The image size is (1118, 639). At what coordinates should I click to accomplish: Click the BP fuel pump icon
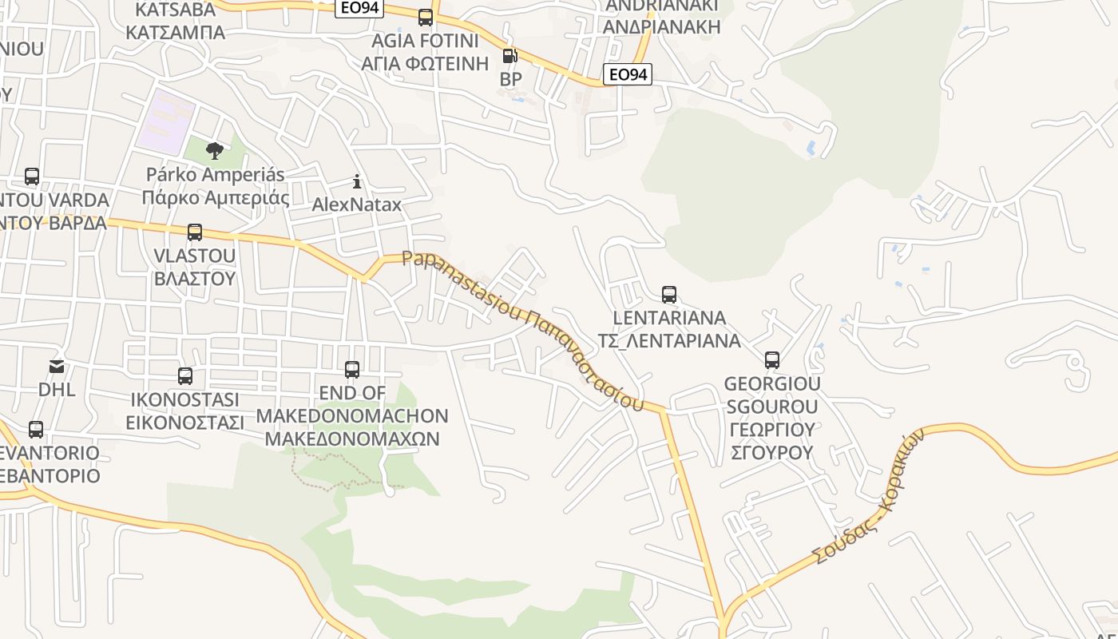point(509,56)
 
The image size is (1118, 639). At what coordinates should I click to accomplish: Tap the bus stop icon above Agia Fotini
point(426,17)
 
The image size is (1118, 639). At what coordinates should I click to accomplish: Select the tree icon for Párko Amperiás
point(214,150)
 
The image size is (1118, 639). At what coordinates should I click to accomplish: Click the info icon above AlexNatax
point(357,181)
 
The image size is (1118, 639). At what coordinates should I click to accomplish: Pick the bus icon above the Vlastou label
point(195,232)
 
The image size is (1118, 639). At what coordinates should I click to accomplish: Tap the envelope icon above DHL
point(57,367)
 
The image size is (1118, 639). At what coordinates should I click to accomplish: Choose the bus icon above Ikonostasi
point(185,376)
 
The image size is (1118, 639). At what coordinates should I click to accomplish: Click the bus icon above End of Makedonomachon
point(352,370)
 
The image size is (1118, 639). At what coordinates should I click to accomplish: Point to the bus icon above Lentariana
point(669,295)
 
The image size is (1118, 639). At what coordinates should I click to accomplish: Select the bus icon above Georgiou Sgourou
point(772,360)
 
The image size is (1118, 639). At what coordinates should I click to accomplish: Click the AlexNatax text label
point(357,204)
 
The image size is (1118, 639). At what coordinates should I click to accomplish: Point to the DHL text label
point(57,390)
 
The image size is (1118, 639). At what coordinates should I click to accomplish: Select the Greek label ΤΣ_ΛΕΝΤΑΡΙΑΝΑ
point(669,341)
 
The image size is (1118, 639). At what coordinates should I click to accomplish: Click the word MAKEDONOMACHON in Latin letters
point(352,416)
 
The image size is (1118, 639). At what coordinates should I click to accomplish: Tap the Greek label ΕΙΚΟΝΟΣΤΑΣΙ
point(185,423)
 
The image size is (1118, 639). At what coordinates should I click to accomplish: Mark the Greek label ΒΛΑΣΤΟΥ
point(195,279)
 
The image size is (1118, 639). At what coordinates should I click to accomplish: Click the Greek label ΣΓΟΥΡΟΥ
point(772,453)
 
